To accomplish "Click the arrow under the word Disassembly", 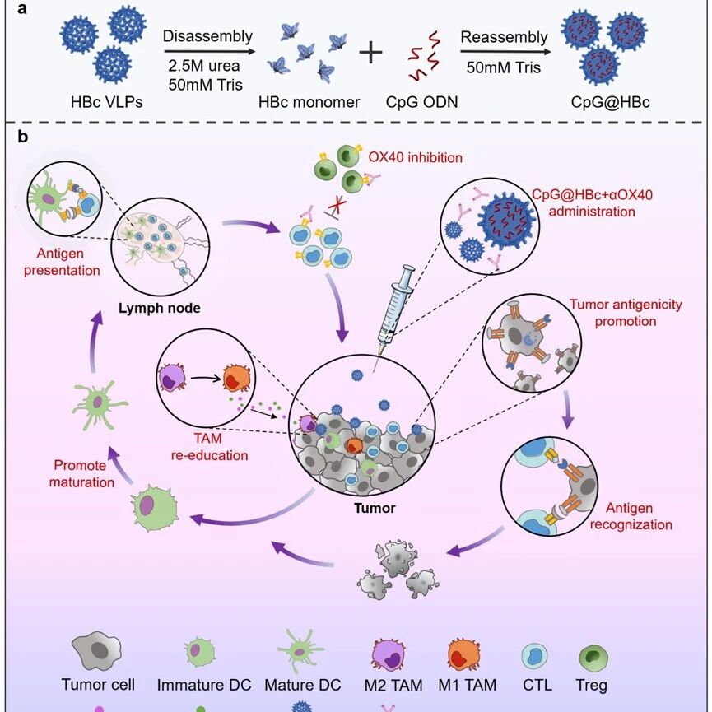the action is point(209,51).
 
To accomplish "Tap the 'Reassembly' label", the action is point(504,37).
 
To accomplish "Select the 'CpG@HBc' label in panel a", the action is point(610,102).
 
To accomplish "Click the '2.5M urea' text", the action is point(204,67).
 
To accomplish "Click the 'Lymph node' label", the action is point(160,309).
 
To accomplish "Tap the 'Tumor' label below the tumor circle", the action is point(375,508).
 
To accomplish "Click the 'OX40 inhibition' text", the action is point(415,157).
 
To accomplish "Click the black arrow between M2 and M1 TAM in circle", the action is point(206,378).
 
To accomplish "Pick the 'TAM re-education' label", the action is point(209,447).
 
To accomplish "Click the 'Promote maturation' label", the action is point(81,473).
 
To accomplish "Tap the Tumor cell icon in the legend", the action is point(97,651).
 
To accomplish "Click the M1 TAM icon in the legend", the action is point(464,654).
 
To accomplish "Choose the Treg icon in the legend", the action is point(593,657).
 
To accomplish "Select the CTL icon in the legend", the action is point(534,657).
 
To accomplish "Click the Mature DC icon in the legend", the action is point(300,651).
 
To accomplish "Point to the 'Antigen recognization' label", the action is point(631,516).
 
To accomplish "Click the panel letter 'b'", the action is point(23,137).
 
